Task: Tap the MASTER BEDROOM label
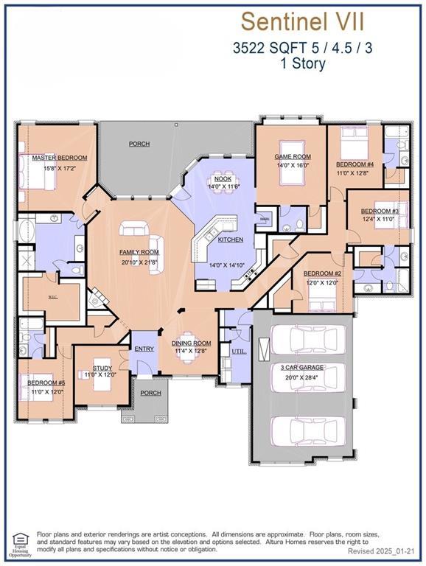59,158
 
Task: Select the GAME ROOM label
293,156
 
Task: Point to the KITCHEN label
230,240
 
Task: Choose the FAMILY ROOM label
139,252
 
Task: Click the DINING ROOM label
192,343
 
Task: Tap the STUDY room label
102,368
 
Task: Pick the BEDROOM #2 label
321,273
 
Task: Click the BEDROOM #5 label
46,383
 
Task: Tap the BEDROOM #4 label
355,164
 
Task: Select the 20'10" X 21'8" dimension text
139,262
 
